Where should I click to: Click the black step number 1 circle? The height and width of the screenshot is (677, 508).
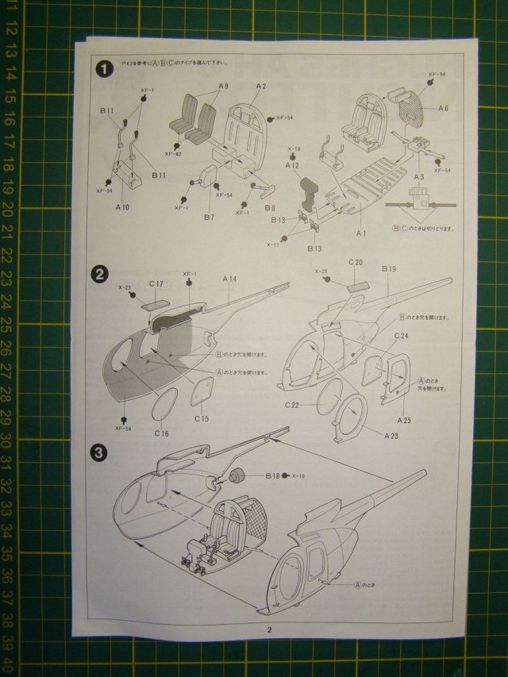coord(102,69)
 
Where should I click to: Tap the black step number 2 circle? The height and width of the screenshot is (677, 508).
coord(101,275)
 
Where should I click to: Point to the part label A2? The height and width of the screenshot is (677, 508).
coord(261,86)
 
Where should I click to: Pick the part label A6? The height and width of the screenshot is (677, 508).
coord(443,107)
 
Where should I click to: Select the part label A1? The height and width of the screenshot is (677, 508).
coord(360,233)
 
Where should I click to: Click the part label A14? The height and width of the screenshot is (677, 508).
coord(230,279)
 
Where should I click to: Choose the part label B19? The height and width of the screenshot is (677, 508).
coord(388,270)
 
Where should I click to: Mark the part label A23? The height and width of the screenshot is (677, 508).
coord(392,435)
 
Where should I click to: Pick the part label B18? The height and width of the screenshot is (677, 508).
coord(271,476)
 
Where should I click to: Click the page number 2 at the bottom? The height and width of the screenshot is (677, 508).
coord(270,630)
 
